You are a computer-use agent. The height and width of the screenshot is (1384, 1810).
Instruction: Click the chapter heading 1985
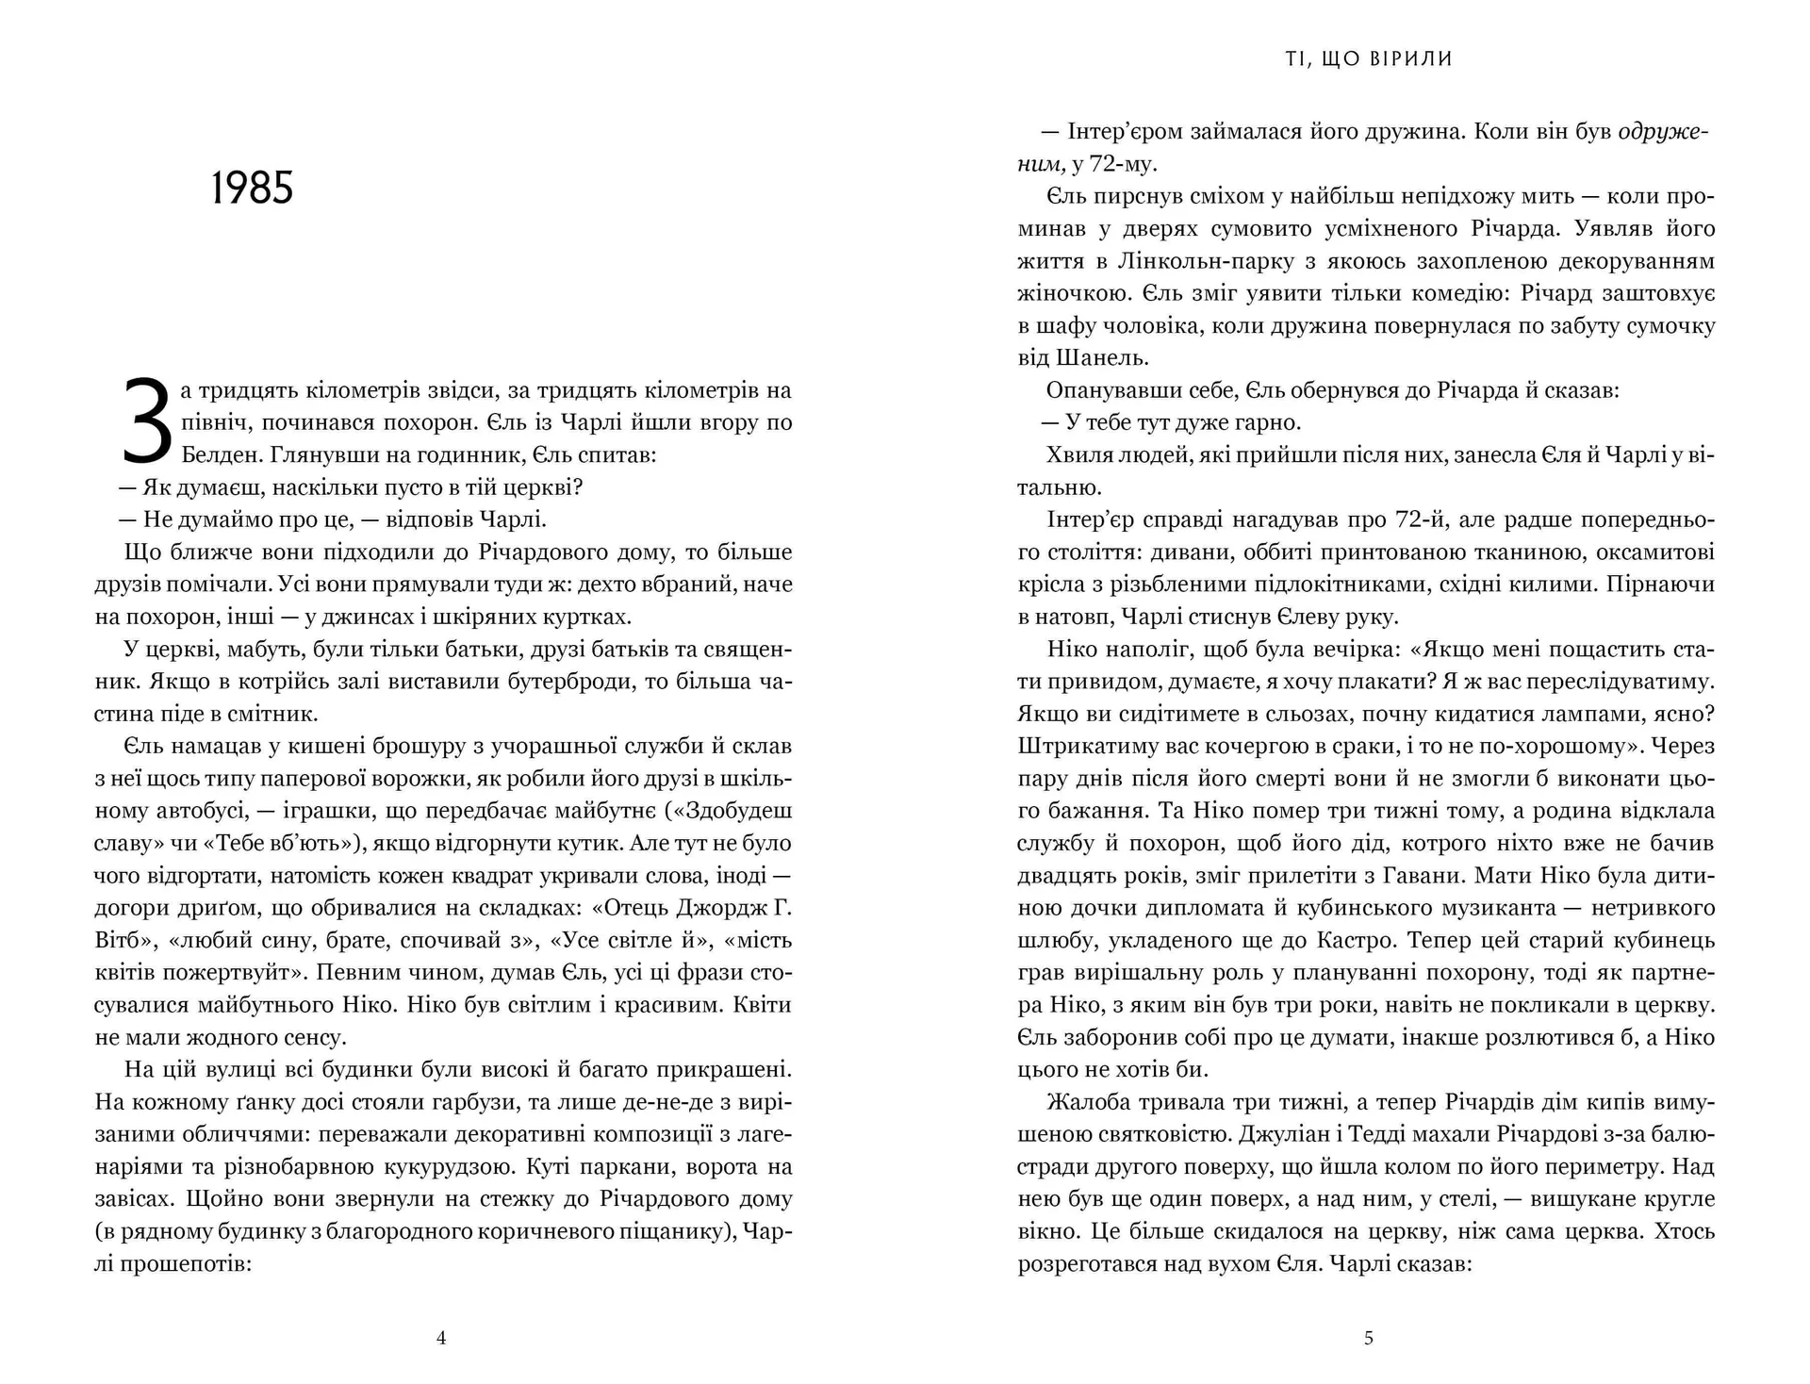coord(252,189)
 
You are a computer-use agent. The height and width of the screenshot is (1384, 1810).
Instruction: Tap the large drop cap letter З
coord(148,422)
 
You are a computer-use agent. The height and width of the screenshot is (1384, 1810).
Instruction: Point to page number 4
coord(441,1337)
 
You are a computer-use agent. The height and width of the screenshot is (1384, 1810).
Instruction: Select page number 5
coord(1369,1337)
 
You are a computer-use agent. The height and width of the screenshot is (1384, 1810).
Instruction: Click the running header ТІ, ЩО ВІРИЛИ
coord(1369,59)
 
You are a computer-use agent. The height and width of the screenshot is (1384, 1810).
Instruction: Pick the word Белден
coord(222,455)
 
